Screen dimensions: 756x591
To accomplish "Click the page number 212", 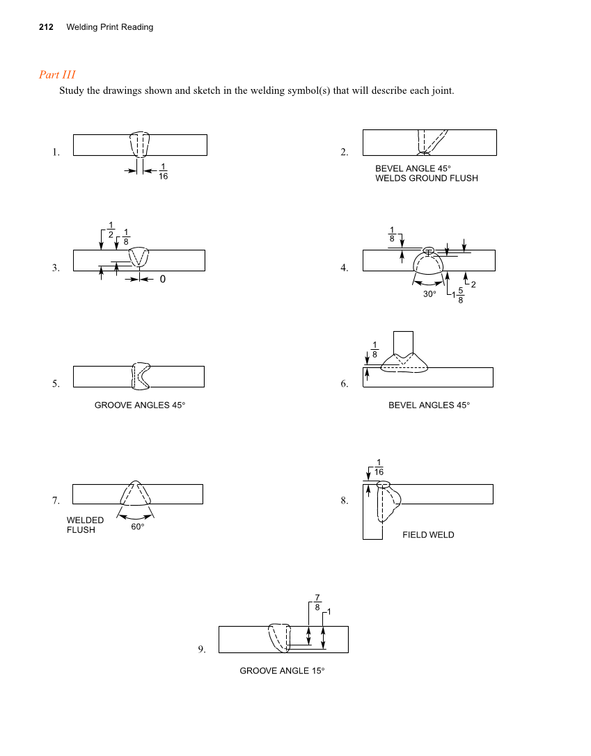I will coord(46,27).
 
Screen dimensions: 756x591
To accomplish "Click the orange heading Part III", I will coord(57,74).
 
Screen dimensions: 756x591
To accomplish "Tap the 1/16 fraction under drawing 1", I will coord(162,171).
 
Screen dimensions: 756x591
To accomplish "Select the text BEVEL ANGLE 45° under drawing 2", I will coord(413,168).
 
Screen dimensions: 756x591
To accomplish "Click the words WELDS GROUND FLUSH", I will coord(426,178).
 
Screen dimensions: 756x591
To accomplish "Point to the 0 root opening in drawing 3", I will coord(162,279).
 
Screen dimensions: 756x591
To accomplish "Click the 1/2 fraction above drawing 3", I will coord(111,228).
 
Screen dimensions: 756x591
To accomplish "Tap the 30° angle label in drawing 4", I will coord(430,294).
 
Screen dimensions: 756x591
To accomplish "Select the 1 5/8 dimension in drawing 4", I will coord(458,296).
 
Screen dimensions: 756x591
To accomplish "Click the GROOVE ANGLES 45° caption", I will coord(140,405).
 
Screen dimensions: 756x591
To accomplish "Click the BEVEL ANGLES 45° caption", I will coord(429,405).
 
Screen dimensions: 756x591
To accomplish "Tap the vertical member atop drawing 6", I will coord(403,342).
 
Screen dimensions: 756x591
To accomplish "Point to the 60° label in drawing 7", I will coord(138,526).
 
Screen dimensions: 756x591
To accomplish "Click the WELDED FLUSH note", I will coord(85,525).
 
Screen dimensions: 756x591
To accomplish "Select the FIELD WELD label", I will coord(428,535).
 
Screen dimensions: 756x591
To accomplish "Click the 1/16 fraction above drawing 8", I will coord(379,467).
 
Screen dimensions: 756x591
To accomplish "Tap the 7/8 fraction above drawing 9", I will coord(317,602).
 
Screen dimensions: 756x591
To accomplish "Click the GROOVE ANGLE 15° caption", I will coord(282,670).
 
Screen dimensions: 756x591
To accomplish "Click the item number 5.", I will coord(56,383).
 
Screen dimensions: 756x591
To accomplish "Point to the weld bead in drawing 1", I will coord(140,144).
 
